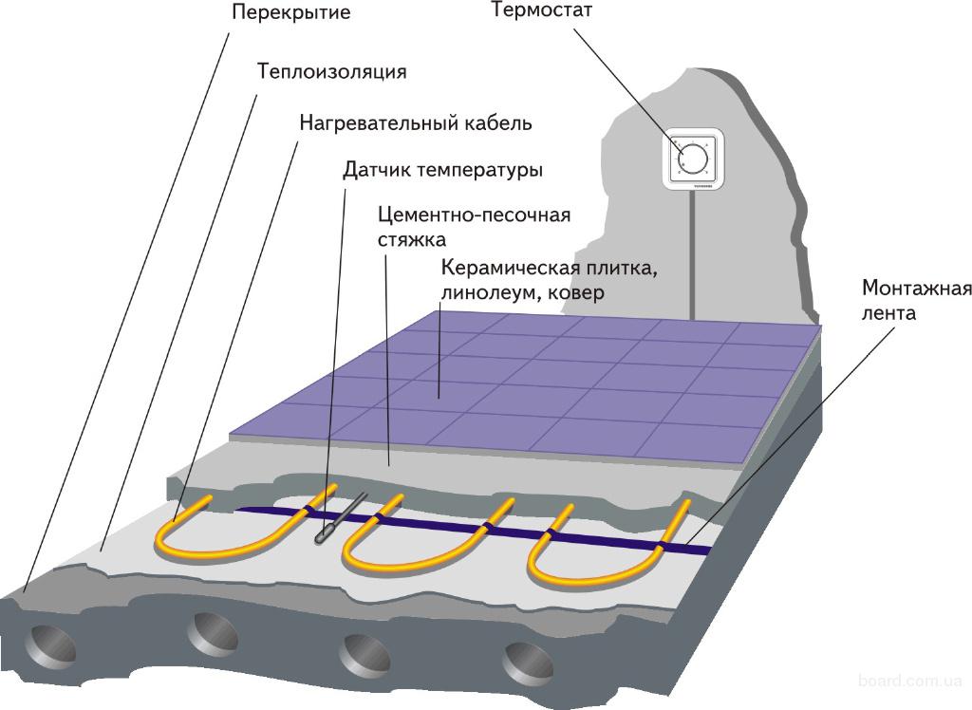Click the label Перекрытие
[x=277, y=13]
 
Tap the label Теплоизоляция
[x=332, y=71]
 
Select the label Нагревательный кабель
[x=416, y=123]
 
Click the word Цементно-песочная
[x=474, y=215]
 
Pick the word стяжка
[x=411, y=239]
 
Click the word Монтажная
[x=916, y=288]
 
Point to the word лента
[x=889, y=311]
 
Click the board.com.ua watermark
[x=909, y=681]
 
